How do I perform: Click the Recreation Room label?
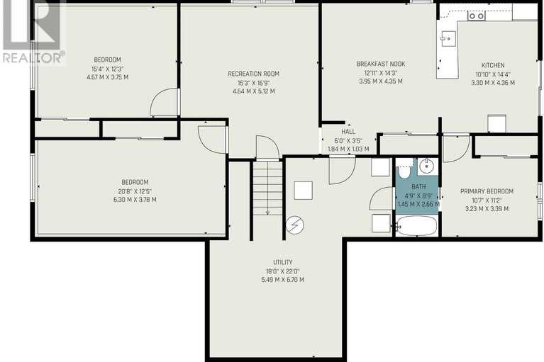click(252, 74)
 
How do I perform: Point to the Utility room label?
click(282, 262)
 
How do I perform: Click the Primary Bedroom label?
click(487, 191)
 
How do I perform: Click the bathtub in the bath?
click(416, 225)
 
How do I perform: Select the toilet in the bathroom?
click(404, 170)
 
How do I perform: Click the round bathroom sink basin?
click(427, 167)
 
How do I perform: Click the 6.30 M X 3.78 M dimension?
click(131, 200)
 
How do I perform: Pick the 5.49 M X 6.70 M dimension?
click(282, 279)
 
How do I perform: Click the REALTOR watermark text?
click(33, 57)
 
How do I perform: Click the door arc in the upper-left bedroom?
click(164, 103)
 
